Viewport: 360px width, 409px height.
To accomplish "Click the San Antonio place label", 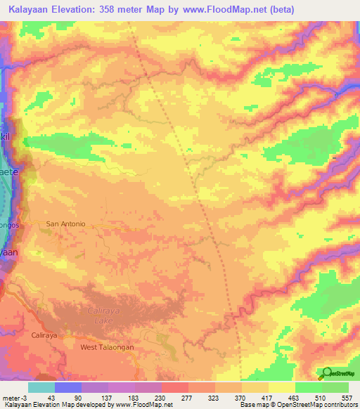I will click(x=65, y=223).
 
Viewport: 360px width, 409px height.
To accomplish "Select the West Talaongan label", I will click(x=107, y=347).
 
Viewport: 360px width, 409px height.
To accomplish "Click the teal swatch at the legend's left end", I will click(x=41, y=387).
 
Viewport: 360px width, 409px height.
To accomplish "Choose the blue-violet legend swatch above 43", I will click(x=68, y=387).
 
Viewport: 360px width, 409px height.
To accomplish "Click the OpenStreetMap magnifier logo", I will click(x=326, y=372).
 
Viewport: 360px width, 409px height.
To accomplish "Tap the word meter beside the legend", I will click(x=12, y=398).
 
